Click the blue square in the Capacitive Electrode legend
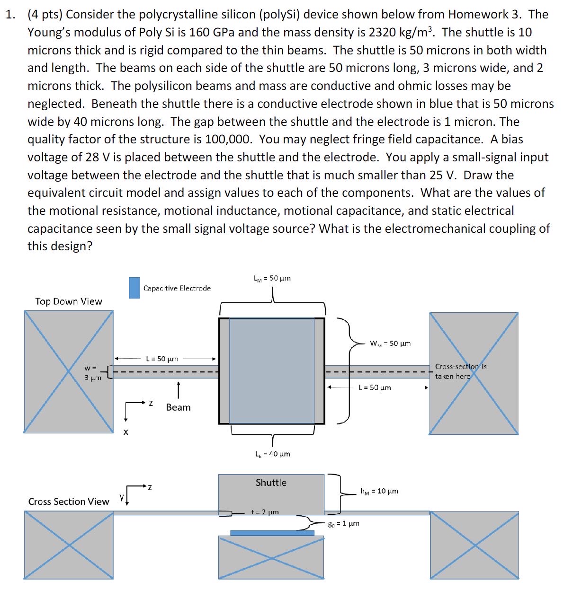134,288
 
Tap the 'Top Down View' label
69,301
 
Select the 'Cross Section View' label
69,502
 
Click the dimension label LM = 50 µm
272,278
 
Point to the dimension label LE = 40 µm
272,454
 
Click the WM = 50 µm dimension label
390,343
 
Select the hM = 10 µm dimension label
379,491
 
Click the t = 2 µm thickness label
265,512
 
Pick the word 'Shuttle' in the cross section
271,483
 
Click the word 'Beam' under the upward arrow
178,407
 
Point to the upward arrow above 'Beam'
178,390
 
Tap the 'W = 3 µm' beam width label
92,373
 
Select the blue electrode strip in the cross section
272,533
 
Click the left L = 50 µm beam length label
162,359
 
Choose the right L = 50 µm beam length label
375,387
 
